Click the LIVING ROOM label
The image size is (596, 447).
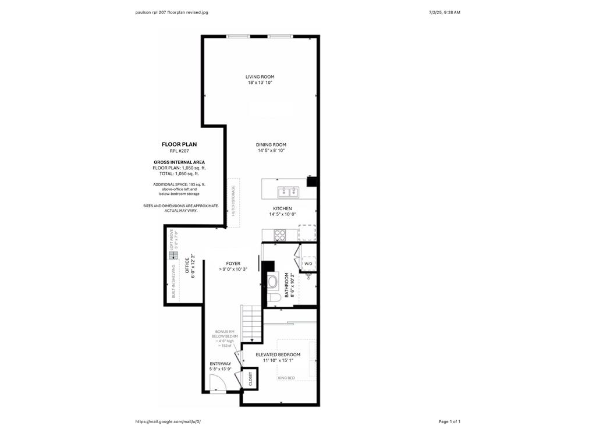click(260, 77)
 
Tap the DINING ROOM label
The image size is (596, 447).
click(271, 145)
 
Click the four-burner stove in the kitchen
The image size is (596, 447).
click(280, 235)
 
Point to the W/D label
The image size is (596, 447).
click(308, 264)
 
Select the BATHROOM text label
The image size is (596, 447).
click(286, 286)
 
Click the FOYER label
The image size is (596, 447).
click(233, 264)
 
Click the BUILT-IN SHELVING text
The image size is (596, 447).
click(173, 281)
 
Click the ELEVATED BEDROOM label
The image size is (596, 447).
click(278, 354)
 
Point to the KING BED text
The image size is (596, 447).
click(286, 378)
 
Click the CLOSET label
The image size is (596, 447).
click(251, 379)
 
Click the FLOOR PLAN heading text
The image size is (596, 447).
click(179, 144)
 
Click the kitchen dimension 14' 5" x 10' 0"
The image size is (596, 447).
click(282, 215)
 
